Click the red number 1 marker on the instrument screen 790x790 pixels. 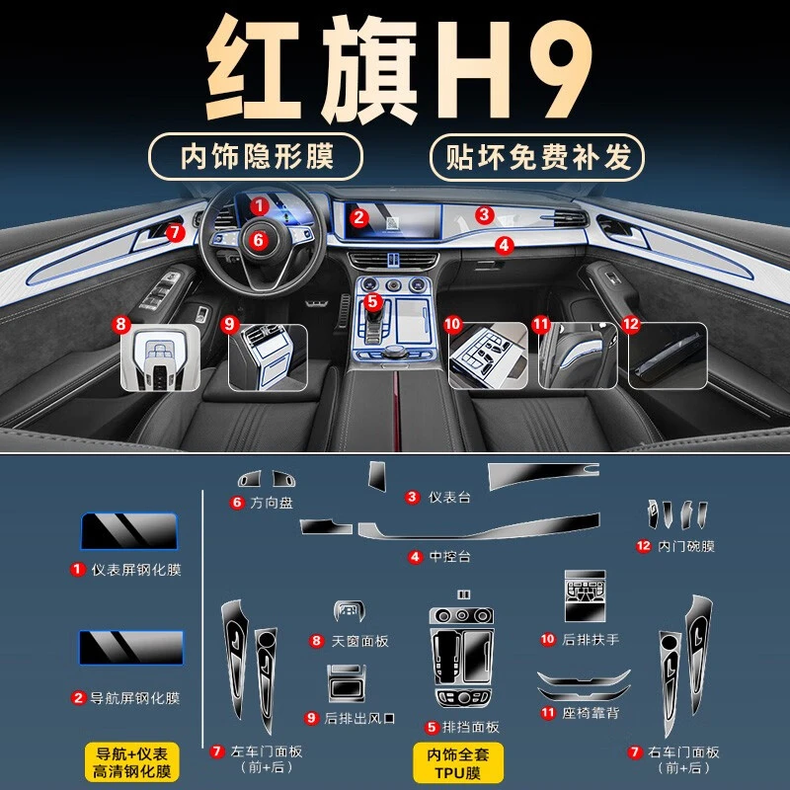260,205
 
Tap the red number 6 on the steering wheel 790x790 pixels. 258,240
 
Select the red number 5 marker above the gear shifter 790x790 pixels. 372,301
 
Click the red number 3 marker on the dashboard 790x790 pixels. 484,215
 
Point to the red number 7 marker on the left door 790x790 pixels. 175,232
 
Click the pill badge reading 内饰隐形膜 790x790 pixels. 256,157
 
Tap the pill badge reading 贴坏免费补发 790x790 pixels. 537,157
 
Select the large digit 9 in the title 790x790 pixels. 559,69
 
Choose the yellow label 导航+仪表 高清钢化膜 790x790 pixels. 132,761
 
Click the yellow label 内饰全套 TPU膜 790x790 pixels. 458,762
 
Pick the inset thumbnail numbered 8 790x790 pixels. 160,357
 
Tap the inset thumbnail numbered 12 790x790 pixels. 668,355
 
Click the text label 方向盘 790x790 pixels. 272,503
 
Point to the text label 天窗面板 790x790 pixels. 359,641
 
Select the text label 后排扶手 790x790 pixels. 591,639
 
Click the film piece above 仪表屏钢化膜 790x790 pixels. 129,531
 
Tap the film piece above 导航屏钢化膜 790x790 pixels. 131,648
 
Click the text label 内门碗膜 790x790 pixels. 686,546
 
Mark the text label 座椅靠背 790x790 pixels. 591,713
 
